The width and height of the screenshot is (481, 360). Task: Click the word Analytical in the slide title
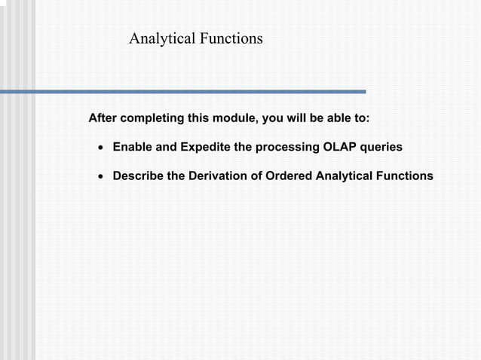click(162, 38)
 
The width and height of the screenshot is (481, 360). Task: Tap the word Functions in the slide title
click(231, 38)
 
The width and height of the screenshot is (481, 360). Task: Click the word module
click(237, 119)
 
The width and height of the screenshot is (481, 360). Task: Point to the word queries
click(381, 147)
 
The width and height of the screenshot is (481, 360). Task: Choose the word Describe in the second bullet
click(139, 175)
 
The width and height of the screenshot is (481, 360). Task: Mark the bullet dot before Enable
click(100, 148)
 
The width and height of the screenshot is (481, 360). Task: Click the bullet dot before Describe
click(100, 176)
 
